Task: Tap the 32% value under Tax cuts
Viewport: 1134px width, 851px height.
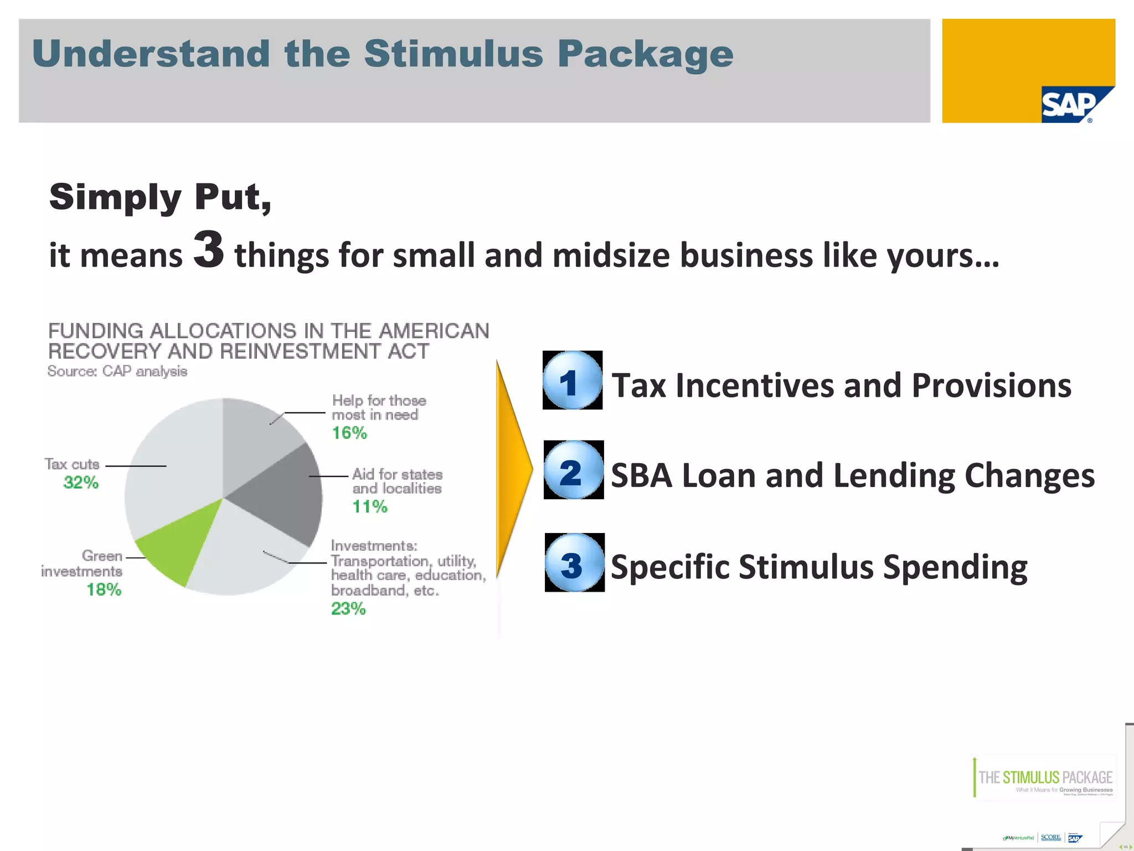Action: pyautogui.click(x=81, y=483)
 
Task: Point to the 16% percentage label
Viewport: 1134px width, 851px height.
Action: pyautogui.click(x=349, y=433)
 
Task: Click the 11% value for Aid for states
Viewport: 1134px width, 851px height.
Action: pyautogui.click(x=370, y=506)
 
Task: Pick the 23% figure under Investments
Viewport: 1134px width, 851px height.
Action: pyautogui.click(x=348, y=609)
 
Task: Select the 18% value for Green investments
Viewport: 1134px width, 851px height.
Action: pyautogui.click(x=104, y=589)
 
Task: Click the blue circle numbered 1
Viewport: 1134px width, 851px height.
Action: pyautogui.click(x=572, y=381)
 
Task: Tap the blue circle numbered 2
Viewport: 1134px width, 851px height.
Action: pyautogui.click(x=573, y=470)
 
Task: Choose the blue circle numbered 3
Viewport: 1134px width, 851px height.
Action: pyautogui.click(x=574, y=563)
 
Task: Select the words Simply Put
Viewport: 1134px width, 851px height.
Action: pyautogui.click(x=160, y=197)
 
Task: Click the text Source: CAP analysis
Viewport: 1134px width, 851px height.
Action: pyautogui.click(x=117, y=371)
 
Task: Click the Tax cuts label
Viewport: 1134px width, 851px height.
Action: pyautogui.click(x=72, y=464)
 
